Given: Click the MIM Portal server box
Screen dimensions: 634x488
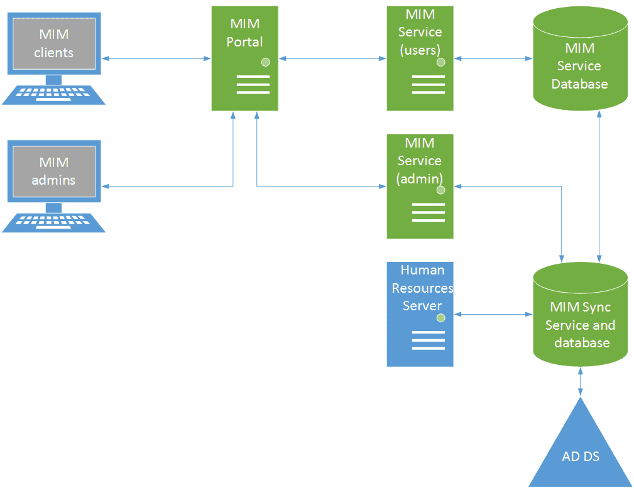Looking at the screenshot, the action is tap(244, 58).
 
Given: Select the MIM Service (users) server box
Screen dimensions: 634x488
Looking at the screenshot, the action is tap(420, 58).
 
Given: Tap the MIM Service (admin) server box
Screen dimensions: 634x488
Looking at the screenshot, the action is tap(420, 186).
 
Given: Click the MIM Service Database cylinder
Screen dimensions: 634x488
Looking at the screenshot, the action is tap(580, 58).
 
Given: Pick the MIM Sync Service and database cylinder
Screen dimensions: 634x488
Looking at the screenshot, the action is tap(580, 314).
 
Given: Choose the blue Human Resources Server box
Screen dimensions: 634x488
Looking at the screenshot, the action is tap(420, 314).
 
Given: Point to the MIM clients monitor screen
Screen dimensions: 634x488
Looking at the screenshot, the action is tap(54, 44).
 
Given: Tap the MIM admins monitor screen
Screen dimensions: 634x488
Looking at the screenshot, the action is tap(54, 171).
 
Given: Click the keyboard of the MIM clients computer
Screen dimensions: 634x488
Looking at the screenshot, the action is tap(53, 95).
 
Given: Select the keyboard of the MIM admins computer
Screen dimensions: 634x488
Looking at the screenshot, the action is tap(53, 223).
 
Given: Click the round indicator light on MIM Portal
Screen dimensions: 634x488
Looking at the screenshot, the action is tap(265, 62).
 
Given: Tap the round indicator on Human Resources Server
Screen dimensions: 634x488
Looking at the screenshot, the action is tap(440, 318).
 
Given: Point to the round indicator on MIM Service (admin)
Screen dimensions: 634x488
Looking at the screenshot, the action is tap(440, 190).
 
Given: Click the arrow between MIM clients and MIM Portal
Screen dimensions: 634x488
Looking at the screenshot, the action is tap(156, 58).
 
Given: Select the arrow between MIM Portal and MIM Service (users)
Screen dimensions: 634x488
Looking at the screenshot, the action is tap(332, 58).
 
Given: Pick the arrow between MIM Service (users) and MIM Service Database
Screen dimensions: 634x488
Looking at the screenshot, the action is tap(493, 58).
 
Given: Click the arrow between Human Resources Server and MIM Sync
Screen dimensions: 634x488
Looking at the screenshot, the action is tap(493, 314).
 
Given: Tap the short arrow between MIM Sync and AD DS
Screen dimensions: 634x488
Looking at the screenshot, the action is tap(580, 381).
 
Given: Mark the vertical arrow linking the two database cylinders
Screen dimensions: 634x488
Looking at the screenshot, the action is tap(599, 186).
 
